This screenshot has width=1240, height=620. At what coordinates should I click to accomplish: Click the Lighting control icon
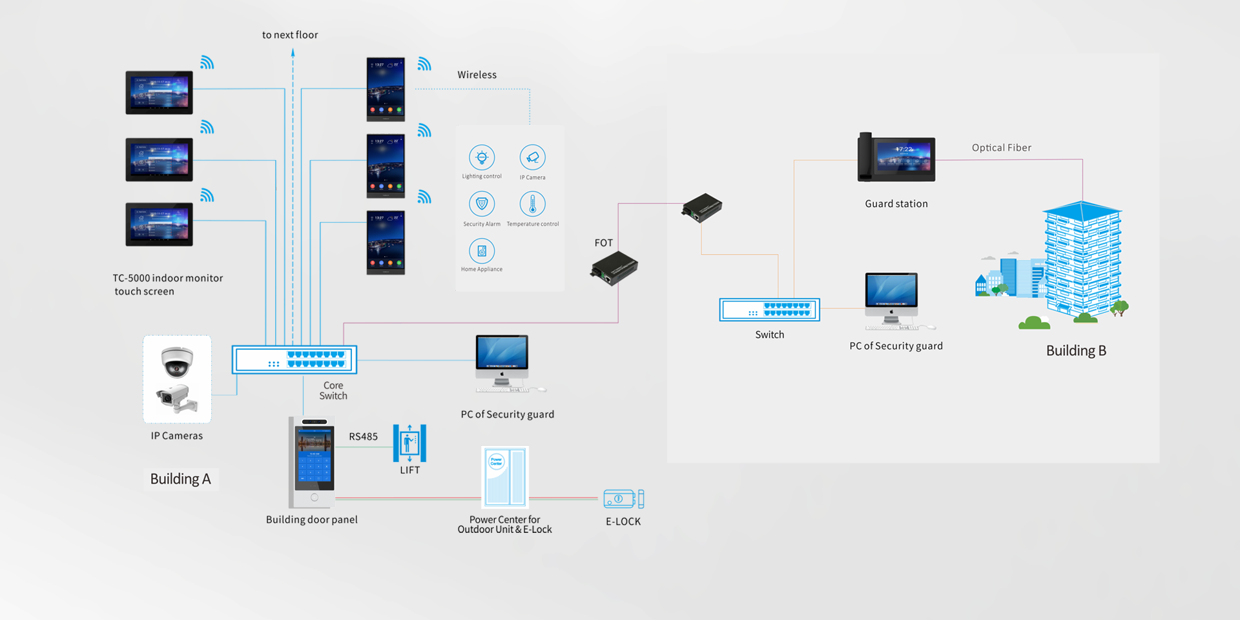(482, 157)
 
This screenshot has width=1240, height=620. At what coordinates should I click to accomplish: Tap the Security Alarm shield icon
(482, 204)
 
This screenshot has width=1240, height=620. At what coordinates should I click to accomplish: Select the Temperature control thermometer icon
(532, 204)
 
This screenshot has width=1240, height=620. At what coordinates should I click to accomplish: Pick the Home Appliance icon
(482, 251)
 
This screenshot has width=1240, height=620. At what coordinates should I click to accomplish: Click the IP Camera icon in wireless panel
(532, 157)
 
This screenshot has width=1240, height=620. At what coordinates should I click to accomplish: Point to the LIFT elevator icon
(409, 443)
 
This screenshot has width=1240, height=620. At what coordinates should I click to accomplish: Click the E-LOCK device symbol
(623, 499)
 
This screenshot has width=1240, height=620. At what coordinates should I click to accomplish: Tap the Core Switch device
(294, 359)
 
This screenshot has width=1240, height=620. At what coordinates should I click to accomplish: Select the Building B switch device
(769, 310)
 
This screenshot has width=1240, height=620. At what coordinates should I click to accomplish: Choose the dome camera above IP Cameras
(177, 361)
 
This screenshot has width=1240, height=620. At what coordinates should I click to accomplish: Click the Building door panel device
(313, 463)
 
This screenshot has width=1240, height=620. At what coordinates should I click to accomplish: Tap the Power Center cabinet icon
(505, 477)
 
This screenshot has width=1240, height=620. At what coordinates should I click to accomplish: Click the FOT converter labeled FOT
(614, 268)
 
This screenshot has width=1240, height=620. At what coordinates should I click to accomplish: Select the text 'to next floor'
(290, 35)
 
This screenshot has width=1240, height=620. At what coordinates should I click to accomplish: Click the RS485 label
(363, 437)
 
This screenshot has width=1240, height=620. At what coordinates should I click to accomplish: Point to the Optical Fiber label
(1001, 148)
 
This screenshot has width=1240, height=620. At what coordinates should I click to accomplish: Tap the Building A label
(180, 479)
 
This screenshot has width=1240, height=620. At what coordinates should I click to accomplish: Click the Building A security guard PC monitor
(502, 357)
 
